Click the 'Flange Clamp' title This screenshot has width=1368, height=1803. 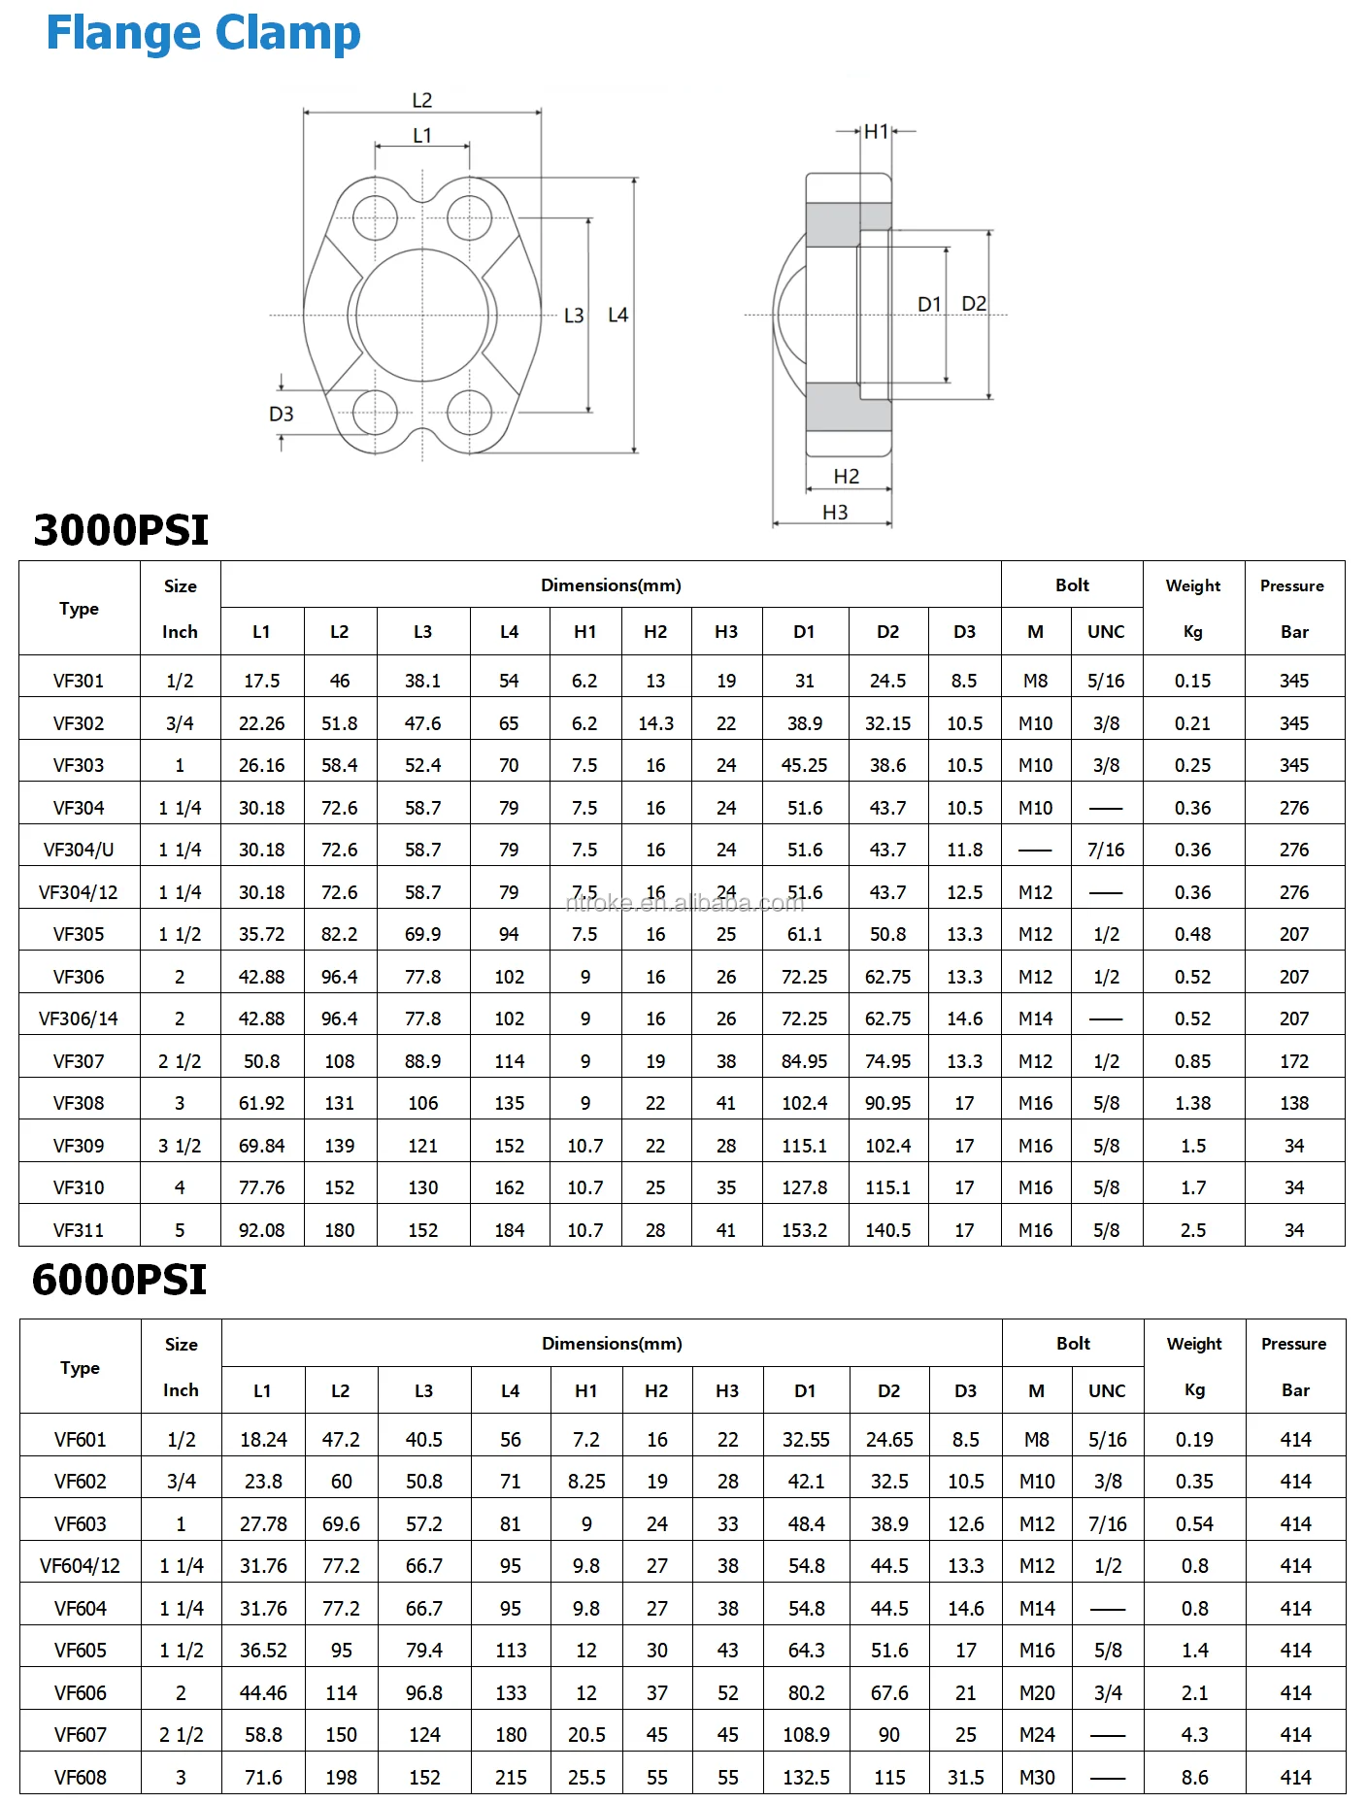click(x=203, y=33)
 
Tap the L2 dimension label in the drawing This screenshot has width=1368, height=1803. click(x=421, y=100)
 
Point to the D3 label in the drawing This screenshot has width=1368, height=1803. click(x=281, y=414)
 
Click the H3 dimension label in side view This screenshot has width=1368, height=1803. click(x=835, y=512)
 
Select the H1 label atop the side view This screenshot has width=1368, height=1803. click(x=876, y=131)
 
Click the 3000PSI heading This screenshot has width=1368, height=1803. click(x=121, y=530)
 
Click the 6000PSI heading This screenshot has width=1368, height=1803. click(x=119, y=1280)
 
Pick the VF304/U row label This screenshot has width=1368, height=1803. click(x=79, y=850)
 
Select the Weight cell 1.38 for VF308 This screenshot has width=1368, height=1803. click(x=1192, y=1103)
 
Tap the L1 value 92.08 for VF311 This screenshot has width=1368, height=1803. click(x=261, y=1230)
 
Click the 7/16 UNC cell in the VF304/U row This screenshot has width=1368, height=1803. click(x=1106, y=850)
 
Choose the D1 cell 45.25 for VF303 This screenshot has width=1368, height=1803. click(x=804, y=765)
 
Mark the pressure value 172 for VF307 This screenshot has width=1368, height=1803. click(x=1293, y=1061)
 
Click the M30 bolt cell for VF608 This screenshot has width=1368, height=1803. click(x=1036, y=1778)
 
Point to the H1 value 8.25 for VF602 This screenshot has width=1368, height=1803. click(x=586, y=1482)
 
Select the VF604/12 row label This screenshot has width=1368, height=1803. click(x=80, y=1566)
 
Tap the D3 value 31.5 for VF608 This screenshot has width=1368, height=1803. click(x=965, y=1778)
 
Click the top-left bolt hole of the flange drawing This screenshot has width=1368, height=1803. click(x=375, y=217)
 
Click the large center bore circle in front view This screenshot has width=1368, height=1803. click(x=422, y=315)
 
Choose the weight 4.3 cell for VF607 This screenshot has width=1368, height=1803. click(x=1194, y=1735)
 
